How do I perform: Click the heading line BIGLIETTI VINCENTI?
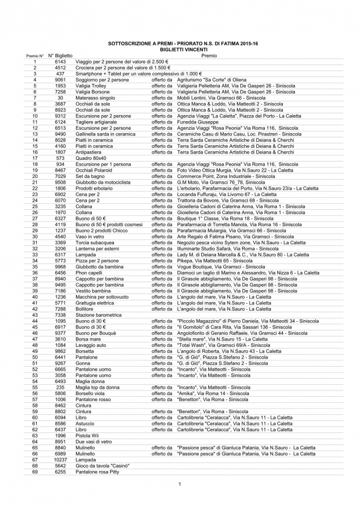coord(179,49)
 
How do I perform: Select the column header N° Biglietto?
coord(60,56)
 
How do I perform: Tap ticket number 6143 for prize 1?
coord(60,62)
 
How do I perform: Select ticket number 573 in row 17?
coord(60,158)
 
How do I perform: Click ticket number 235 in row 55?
coord(60,387)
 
